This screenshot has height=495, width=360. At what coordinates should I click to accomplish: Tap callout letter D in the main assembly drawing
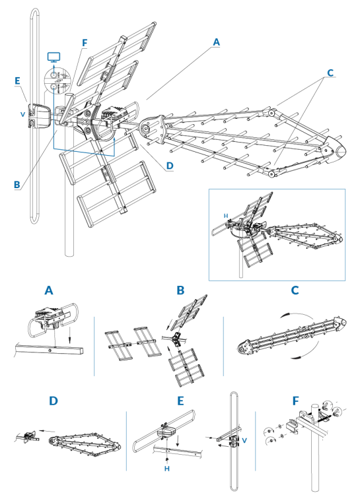(x=170, y=166)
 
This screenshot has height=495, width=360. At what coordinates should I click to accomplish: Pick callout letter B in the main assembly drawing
(x=17, y=185)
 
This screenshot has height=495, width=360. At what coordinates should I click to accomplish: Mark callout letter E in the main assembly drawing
(x=18, y=81)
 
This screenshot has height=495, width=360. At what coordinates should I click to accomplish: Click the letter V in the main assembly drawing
(x=23, y=114)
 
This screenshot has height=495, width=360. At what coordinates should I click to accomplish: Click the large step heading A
(x=49, y=290)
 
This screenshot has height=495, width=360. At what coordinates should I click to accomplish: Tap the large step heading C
(x=295, y=290)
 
